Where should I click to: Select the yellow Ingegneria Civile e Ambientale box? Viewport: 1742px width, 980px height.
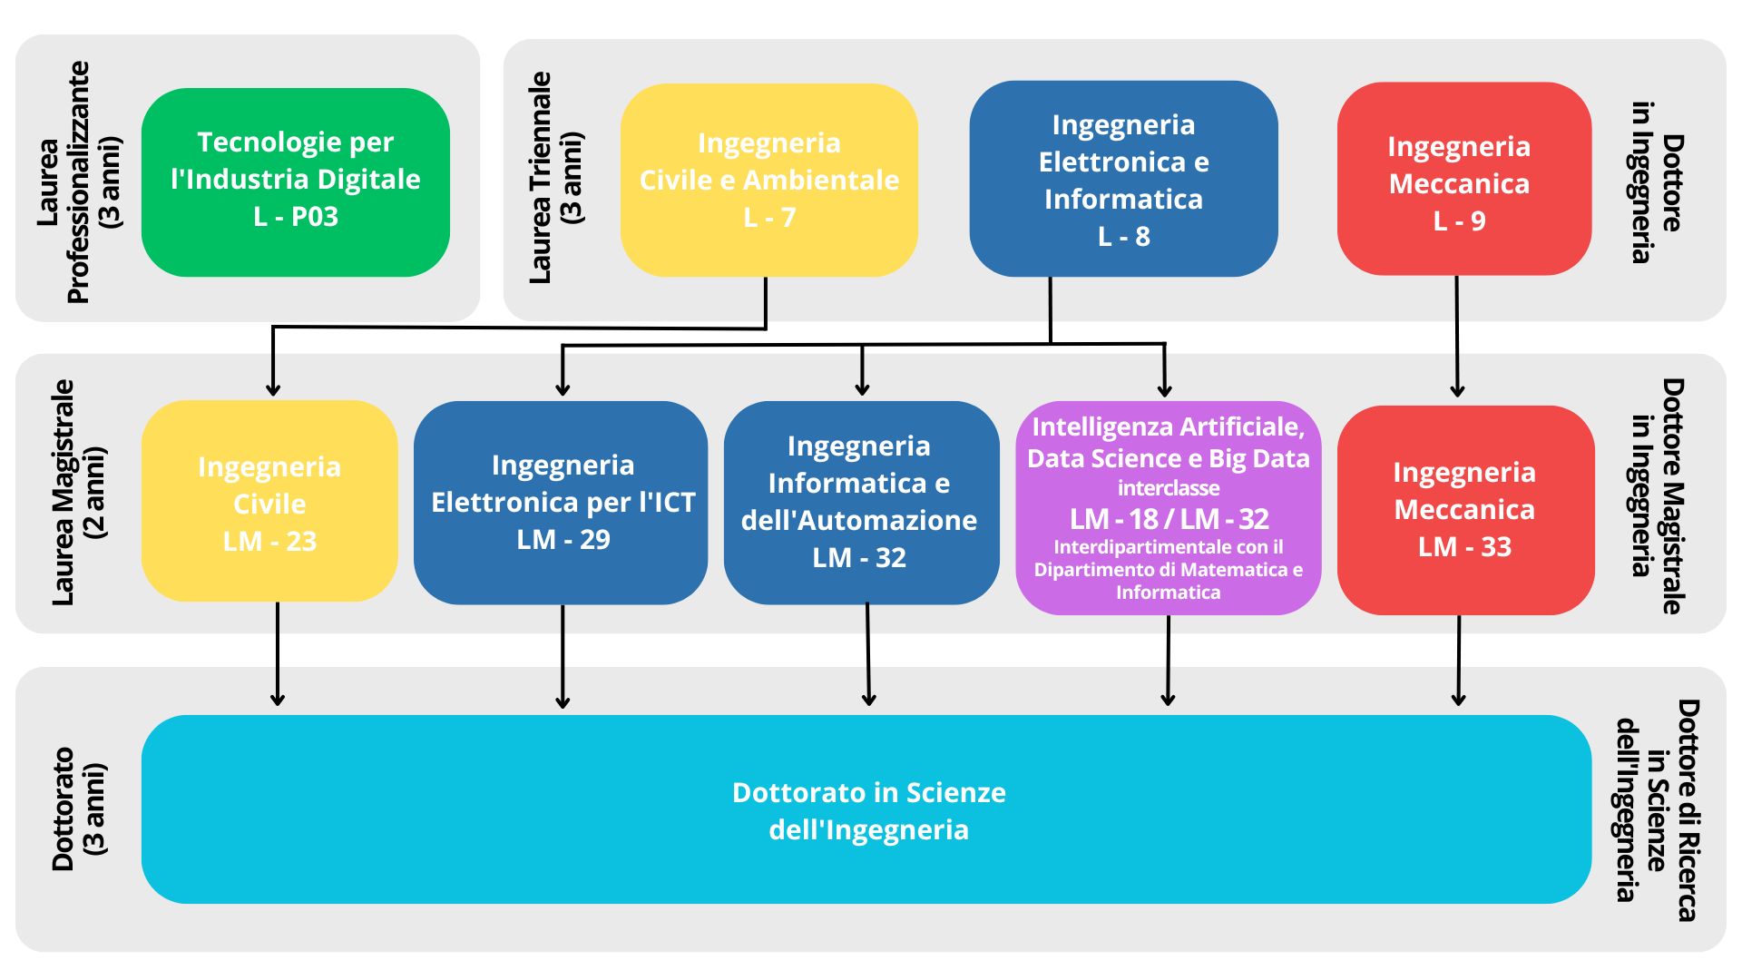point(768,180)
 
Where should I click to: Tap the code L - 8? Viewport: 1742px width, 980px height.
point(1123,237)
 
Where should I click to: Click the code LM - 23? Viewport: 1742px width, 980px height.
point(269,542)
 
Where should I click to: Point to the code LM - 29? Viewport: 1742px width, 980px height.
point(563,540)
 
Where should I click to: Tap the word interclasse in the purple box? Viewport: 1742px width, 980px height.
point(1168,488)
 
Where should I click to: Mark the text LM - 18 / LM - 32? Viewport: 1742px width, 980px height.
point(1169,519)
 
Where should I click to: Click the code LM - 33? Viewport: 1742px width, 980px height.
point(1464,547)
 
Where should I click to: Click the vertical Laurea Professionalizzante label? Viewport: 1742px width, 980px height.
point(79,181)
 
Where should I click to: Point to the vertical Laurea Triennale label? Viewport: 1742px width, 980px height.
point(555,178)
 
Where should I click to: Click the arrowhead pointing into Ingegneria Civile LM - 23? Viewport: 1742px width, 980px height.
point(272,388)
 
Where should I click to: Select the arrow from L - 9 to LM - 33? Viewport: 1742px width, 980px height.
point(1457,336)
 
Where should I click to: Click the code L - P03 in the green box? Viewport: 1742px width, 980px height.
point(296,217)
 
